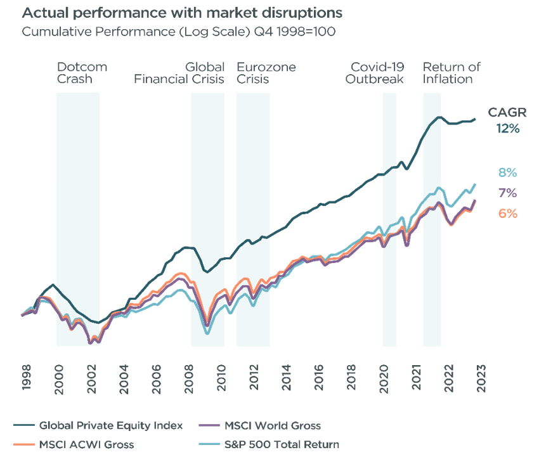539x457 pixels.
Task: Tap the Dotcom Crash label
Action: point(82,73)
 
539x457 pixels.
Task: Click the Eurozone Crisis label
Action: point(266,73)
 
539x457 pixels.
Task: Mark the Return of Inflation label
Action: point(451,73)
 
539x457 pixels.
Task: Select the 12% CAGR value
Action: point(508,129)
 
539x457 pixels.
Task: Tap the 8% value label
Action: point(508,172)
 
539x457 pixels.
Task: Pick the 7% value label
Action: point(508,193)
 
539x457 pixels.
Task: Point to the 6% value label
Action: point(508,214)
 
